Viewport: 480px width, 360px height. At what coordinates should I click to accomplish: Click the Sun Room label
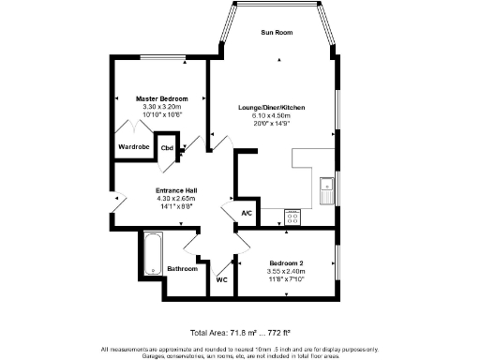click(x=277, y=33)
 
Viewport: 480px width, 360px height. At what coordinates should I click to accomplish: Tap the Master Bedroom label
click(x=161, y=98)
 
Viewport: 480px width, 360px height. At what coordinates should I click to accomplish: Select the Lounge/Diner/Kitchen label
click(x=271, y=108)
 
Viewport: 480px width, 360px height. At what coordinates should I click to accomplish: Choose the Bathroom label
click(x=183, y=269)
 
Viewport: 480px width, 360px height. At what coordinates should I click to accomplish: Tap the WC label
click(x=221, y=279)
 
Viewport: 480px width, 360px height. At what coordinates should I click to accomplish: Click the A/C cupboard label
click(x=247, y=214)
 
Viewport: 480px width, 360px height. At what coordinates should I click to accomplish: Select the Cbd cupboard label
click(x=167, y=148)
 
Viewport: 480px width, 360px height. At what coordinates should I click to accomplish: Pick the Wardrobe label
click(x=132, y=147)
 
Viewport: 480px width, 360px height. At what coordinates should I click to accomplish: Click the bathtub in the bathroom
click(x=151, y=253)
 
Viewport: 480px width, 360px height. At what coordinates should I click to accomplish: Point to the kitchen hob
click(x=292, y=217)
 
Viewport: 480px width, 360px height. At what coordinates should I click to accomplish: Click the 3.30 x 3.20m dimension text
click(x=161, y=107)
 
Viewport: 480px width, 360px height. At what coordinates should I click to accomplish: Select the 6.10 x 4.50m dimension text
click(x=271, y=115)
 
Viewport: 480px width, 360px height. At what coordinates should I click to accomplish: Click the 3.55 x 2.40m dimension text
click(x=286, y=271)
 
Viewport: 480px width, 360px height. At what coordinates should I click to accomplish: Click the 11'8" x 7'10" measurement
click(x=286, y=278)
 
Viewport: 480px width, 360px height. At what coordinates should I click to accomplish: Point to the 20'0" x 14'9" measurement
click(x=271, y=123)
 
